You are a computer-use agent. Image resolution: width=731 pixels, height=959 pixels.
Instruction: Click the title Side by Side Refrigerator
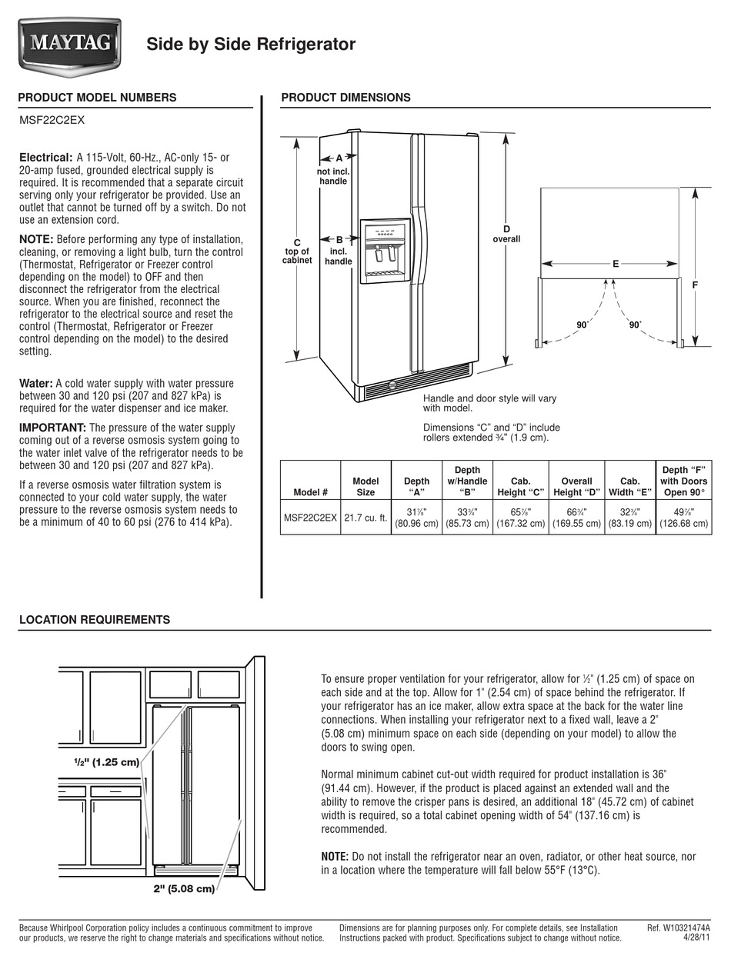point(251,45)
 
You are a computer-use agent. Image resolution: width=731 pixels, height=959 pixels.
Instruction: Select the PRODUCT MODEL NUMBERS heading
point(97,98)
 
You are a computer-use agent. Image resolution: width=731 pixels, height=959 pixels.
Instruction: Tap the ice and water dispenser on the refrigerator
point(385,251)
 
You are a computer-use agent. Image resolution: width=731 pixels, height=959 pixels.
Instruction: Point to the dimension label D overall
point(506,234)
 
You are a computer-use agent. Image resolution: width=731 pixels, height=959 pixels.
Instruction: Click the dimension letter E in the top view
point(616,264)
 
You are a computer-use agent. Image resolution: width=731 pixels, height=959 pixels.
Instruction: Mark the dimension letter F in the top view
point(695,285)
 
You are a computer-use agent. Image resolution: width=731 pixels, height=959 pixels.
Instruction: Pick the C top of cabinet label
point(297,251)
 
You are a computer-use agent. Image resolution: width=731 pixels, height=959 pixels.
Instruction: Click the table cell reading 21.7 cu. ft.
point(365,518)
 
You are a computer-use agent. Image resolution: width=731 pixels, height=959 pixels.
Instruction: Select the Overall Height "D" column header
point(576,487)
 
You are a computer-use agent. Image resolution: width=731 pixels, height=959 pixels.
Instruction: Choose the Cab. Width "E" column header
point(629,487)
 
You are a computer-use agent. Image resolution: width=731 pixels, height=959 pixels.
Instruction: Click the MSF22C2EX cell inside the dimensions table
point(310,518)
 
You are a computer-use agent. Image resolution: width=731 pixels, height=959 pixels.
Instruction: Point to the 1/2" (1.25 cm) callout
point(106,763)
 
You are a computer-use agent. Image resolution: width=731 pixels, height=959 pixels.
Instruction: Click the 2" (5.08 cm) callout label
point(183,889)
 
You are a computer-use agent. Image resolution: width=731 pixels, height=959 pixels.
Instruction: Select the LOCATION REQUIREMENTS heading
point(94,620)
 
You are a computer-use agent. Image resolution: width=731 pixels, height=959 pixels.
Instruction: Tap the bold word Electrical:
point(45,157)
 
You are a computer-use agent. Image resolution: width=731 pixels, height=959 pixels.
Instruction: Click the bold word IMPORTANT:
point(52,428)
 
